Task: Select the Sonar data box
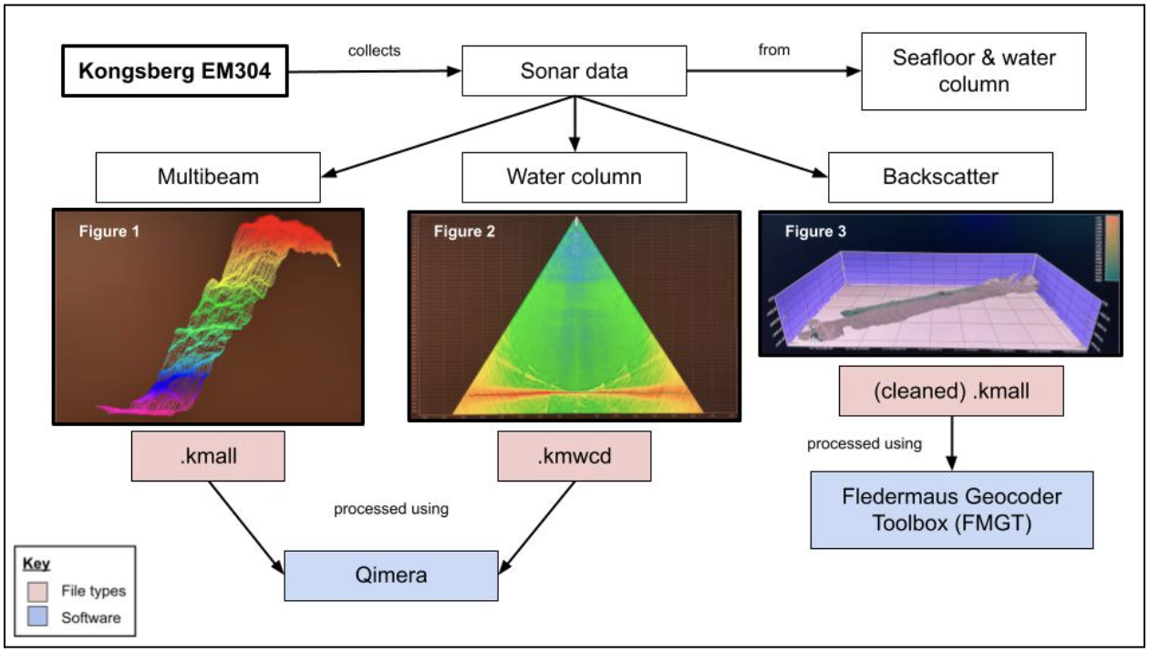pos(574,71)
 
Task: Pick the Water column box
pos(574,176)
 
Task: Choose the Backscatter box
pos(941,176)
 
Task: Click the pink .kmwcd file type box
pos(574,454)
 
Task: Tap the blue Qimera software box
pos(391,575)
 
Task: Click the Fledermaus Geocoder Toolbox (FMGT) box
pos(951,509)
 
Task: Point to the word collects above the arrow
pos(374,51)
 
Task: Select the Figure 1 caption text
pos(103,231)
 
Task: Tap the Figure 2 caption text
pos(464,232)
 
